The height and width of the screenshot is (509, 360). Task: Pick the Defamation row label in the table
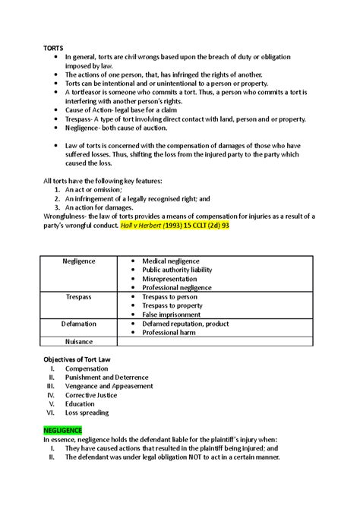coord(78,323)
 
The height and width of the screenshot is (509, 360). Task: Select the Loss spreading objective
coord(87,413)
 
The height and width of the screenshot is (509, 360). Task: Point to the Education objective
coord(81,404)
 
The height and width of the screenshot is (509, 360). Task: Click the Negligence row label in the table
coord(78,261)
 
